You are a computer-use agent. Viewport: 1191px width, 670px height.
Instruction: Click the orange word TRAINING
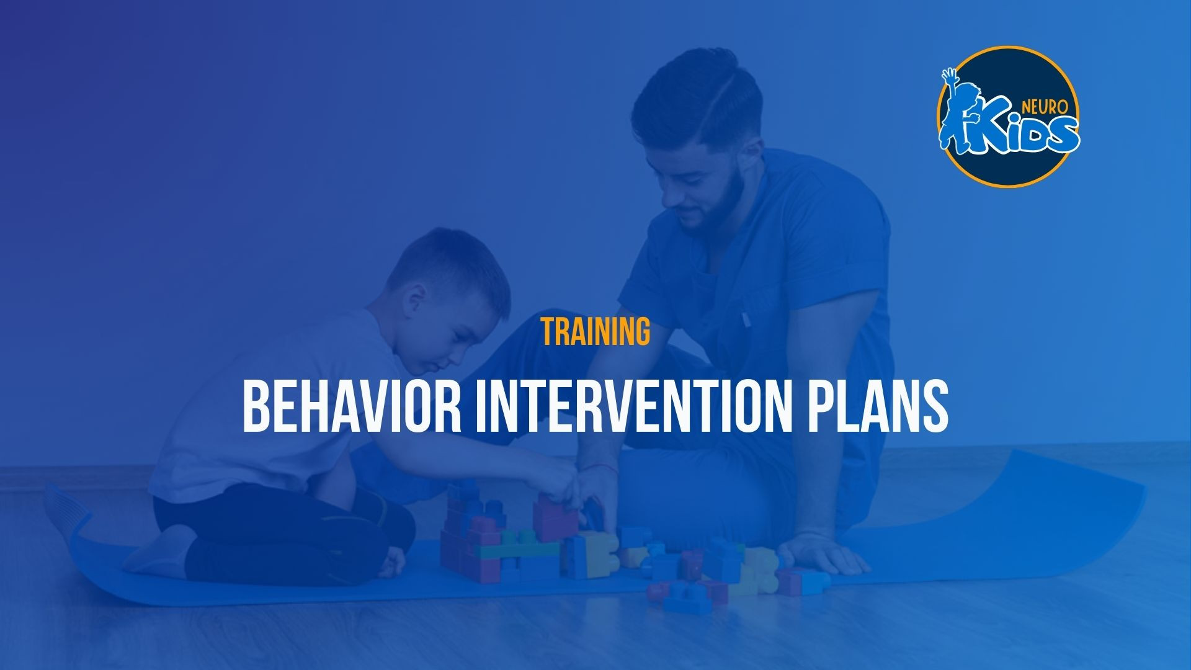[595, 331]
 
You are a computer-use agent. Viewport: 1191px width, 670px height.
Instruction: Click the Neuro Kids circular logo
[1009, 117]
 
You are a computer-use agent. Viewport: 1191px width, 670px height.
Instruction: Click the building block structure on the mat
[527, 540]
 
